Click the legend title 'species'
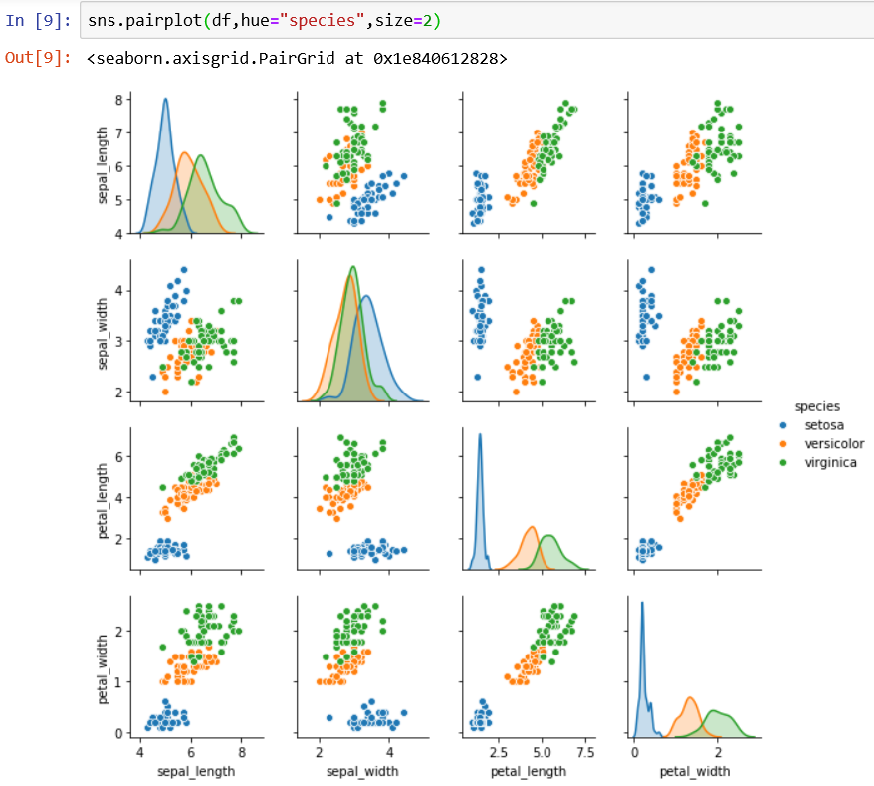(815, 406)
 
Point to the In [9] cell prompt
(37, 20)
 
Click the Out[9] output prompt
(37, 58)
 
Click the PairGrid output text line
(297, 59)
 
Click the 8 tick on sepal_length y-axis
(118, 99)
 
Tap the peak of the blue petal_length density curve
(480, 434)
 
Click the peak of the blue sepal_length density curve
(165, 99)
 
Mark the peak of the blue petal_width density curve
(642, 603)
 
